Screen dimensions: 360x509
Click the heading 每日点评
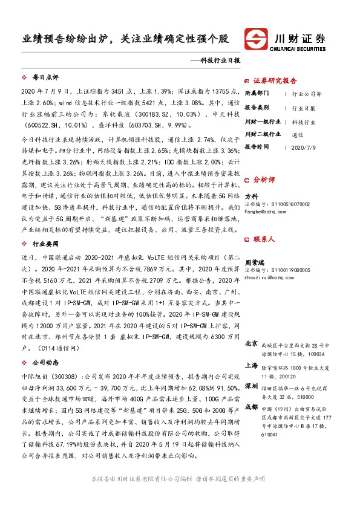tap(45, 78)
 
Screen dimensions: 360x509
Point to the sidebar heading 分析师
tap(264, 180)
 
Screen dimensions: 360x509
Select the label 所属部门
tap(258, 94)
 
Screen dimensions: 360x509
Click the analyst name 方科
tap(251, 196)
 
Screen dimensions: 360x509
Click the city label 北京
tap(251, 343)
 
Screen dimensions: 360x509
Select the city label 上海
tap(251, 366)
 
